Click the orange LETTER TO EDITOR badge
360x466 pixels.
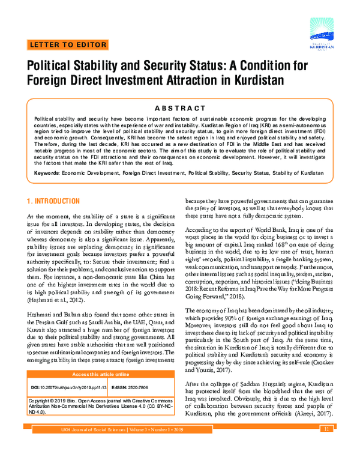pos(68,45)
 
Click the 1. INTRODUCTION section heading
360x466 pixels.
pos(53,200)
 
